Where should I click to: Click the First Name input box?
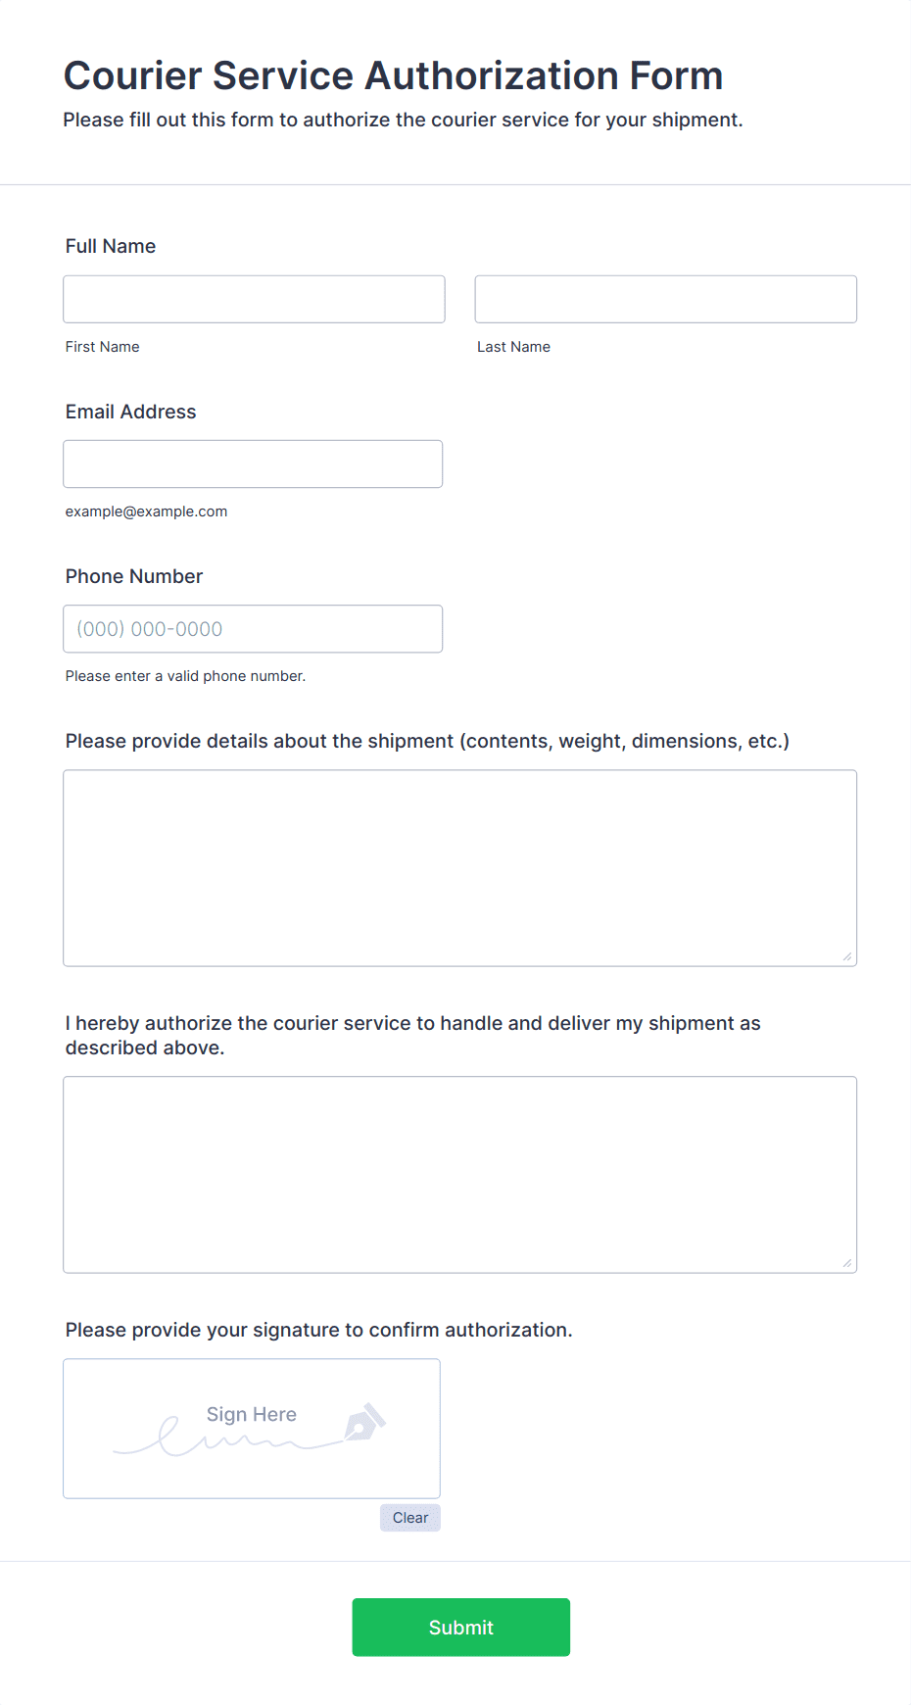254,299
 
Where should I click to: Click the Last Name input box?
665,299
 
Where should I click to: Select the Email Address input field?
253,463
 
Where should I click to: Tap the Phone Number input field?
253,629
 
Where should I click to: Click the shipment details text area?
459,867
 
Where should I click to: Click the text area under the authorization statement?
459,1174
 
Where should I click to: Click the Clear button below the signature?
410,1518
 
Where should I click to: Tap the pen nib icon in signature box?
365,1422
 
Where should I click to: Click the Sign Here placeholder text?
251,1414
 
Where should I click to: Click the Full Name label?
111,246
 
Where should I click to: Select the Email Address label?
130,412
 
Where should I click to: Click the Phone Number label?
134,576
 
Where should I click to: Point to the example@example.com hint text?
146,511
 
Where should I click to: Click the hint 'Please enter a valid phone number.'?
185,676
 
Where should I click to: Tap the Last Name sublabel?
513,347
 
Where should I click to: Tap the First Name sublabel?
102,347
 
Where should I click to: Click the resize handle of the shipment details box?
847,956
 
